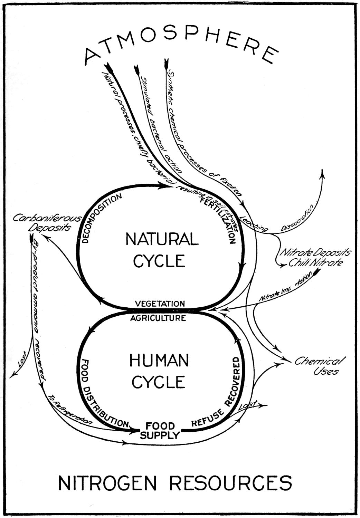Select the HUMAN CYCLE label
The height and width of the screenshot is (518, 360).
(x=159, y=371)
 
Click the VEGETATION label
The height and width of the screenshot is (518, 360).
(x=160, y=304)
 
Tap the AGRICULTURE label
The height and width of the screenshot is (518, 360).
(x=158, y=318)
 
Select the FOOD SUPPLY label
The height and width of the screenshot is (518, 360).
(x=160, y=430)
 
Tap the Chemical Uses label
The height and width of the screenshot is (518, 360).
(x=318, y=366)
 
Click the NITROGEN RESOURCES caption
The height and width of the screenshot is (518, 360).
(x=175, y=482)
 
